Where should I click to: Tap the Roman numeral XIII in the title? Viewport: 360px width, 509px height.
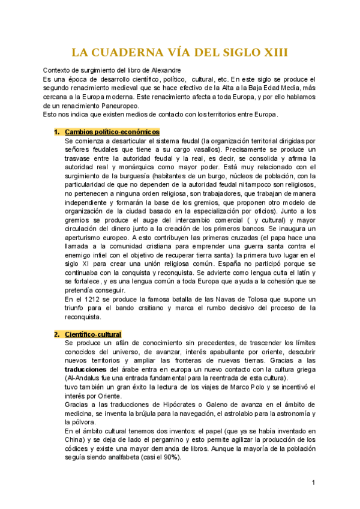click(272, 52)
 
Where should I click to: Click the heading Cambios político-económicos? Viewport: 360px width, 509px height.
click(112, 131)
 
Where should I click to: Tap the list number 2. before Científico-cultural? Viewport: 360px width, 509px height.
click(57, 334)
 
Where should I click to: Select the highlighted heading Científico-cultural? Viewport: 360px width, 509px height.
click(93, 334)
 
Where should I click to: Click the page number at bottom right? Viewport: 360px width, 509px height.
click(313, 483)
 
